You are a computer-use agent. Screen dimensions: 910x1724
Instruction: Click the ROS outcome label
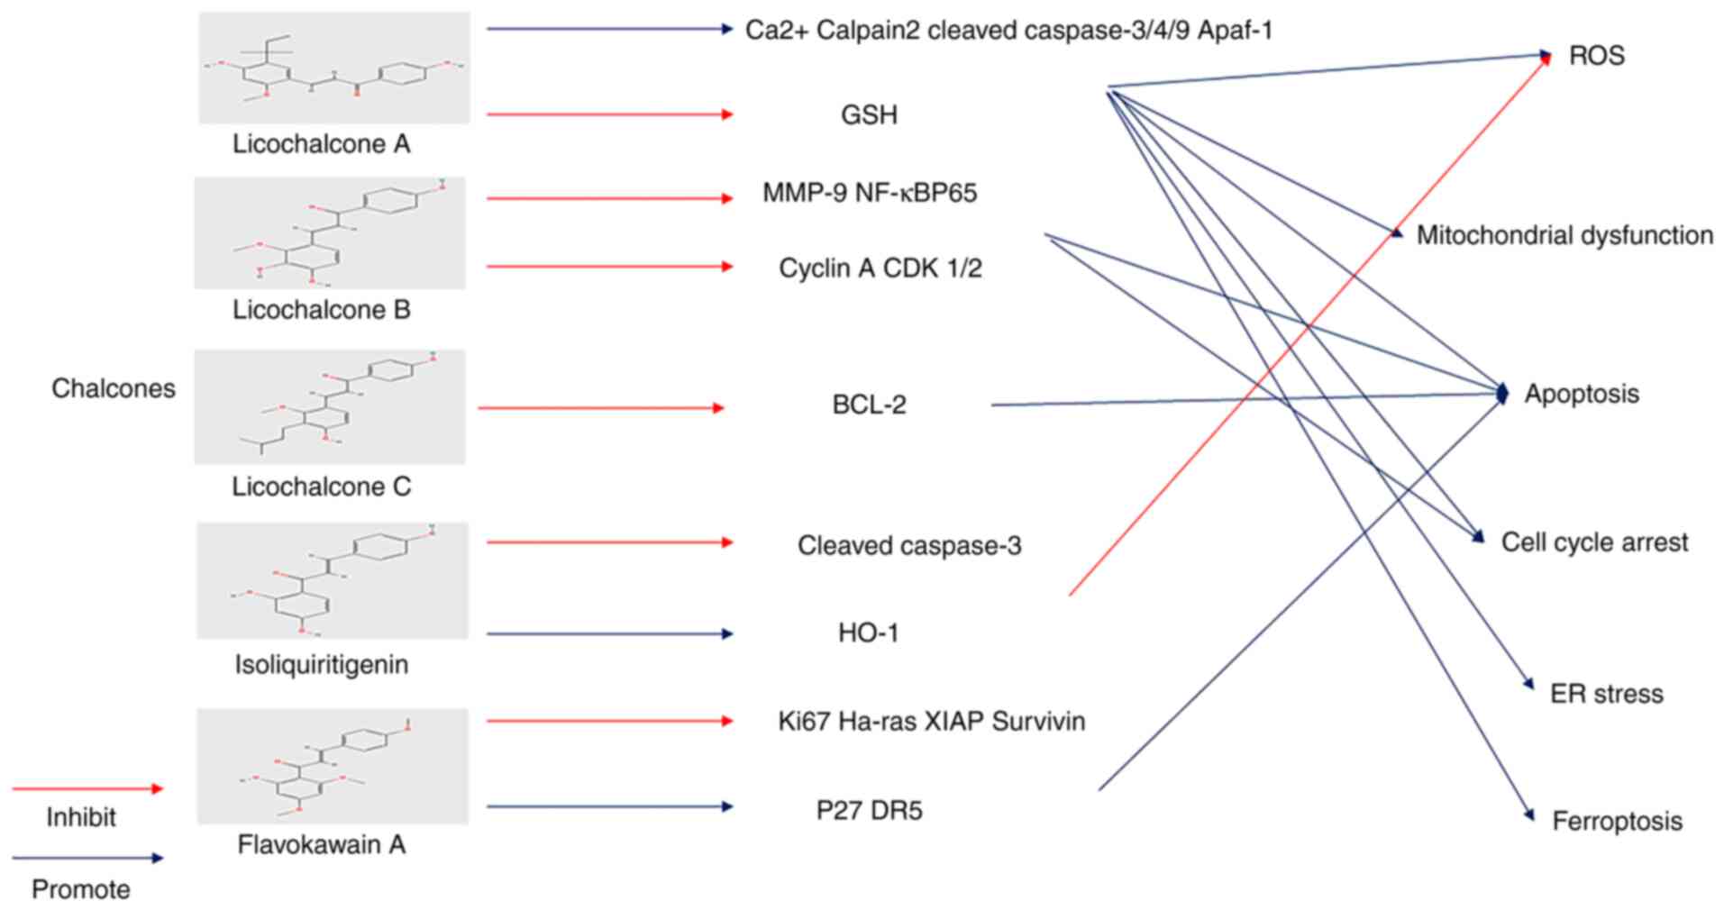[1596, 56]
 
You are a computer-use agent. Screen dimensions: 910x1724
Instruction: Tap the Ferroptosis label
[1617, 822]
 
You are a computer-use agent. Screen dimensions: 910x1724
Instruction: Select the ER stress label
[1606, 694]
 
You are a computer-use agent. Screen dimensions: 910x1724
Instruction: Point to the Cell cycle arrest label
[1594, 542]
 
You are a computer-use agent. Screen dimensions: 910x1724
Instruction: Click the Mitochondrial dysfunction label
[1564, 236]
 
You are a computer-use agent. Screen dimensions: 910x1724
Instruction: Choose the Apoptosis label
[1581, 394]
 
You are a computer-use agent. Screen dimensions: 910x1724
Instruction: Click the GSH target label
[869, 115]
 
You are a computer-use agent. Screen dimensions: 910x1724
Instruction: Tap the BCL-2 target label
[869, 405]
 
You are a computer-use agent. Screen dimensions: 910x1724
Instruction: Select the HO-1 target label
[868, 633]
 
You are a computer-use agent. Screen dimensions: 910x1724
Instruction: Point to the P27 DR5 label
[869, 811]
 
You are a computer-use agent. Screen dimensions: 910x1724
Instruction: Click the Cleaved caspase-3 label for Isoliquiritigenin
[909, 546]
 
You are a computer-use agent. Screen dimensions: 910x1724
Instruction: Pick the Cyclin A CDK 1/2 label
[880, 268]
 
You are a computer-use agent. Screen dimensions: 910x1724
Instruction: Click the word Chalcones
[114, 388]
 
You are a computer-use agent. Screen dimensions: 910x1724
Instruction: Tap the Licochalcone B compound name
[322, 310]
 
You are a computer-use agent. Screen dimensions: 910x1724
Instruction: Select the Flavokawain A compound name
[322, 845]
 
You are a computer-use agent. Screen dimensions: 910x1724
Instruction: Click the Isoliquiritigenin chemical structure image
[333, 580]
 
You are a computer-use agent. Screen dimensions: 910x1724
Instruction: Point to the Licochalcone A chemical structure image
[334, 68]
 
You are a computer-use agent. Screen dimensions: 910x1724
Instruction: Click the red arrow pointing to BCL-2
[600, 408]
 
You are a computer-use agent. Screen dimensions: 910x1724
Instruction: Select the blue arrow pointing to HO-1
[609, 634]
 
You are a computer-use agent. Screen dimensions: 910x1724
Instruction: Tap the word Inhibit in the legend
[81, 818]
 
